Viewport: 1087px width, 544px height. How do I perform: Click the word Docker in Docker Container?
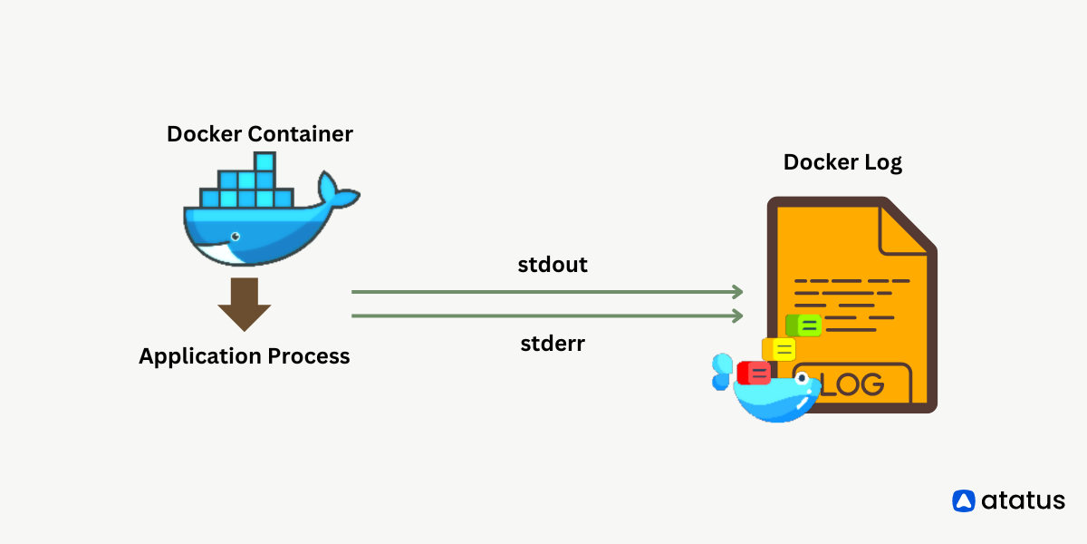(x=205, y=134)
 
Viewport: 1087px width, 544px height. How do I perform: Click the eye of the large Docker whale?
(x=236, y=237)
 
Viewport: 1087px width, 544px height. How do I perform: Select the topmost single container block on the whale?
(x=265, y=161)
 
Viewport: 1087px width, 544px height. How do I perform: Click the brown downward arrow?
(x=244, y=305)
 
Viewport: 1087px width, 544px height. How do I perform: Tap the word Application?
(x=200, y=356)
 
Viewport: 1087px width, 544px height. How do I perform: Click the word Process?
(x=309, y=356)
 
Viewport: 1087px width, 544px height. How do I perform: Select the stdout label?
(x=553, y=265)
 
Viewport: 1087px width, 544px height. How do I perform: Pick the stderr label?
(x=553, y=344)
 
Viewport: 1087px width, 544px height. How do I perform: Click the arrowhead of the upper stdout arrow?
(x=737, y=292)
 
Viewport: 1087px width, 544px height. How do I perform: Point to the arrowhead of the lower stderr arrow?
(x=737, y=316)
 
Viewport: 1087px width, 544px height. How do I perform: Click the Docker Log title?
(x=842, y=162)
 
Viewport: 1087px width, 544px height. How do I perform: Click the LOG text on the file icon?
(x=851, y=384)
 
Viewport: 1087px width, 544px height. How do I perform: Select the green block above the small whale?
(x=803, y=325)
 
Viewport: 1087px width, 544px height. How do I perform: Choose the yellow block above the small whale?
(x=779, y=349)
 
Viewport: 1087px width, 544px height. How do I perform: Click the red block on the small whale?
(x=754, y=373)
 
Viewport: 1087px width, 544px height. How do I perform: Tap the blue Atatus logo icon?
(x=964, y=500)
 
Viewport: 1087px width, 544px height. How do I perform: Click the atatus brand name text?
(x=1024, y=500)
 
